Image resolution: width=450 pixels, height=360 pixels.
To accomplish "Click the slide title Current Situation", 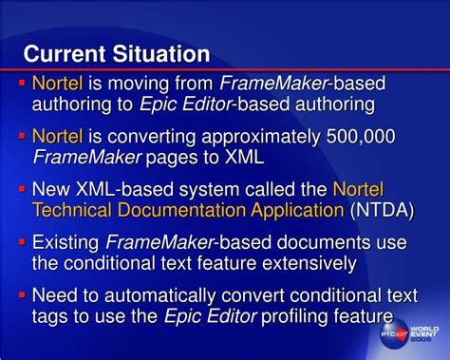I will (116, 52).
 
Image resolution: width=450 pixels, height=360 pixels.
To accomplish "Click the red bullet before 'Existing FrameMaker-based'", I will (21, 239).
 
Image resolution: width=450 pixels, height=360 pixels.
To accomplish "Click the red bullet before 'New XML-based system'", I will (21, 187).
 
